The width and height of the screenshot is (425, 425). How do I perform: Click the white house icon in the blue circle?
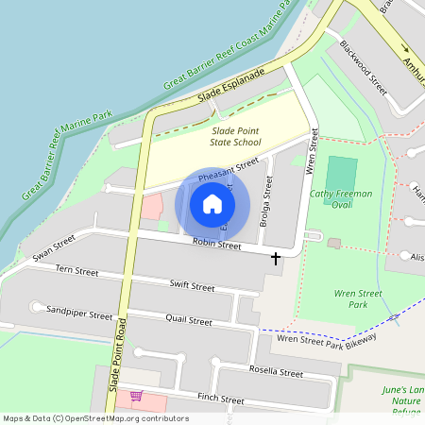[212, 203]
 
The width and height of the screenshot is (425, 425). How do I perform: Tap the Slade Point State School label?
[235, 137]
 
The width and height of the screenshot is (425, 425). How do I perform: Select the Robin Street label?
[217, 245]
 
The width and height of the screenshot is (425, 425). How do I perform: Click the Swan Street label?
[53, 248]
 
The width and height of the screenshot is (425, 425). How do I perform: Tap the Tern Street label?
[76, 271]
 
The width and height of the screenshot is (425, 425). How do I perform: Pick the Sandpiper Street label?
[79, 312]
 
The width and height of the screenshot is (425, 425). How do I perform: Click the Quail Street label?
[188, 320]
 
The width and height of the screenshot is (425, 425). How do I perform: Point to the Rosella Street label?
[276, 373]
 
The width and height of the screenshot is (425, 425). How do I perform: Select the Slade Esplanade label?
[231, 86]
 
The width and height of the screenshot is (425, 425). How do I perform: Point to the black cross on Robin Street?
[276, 257]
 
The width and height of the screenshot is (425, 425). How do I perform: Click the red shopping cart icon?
[136, 397]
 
